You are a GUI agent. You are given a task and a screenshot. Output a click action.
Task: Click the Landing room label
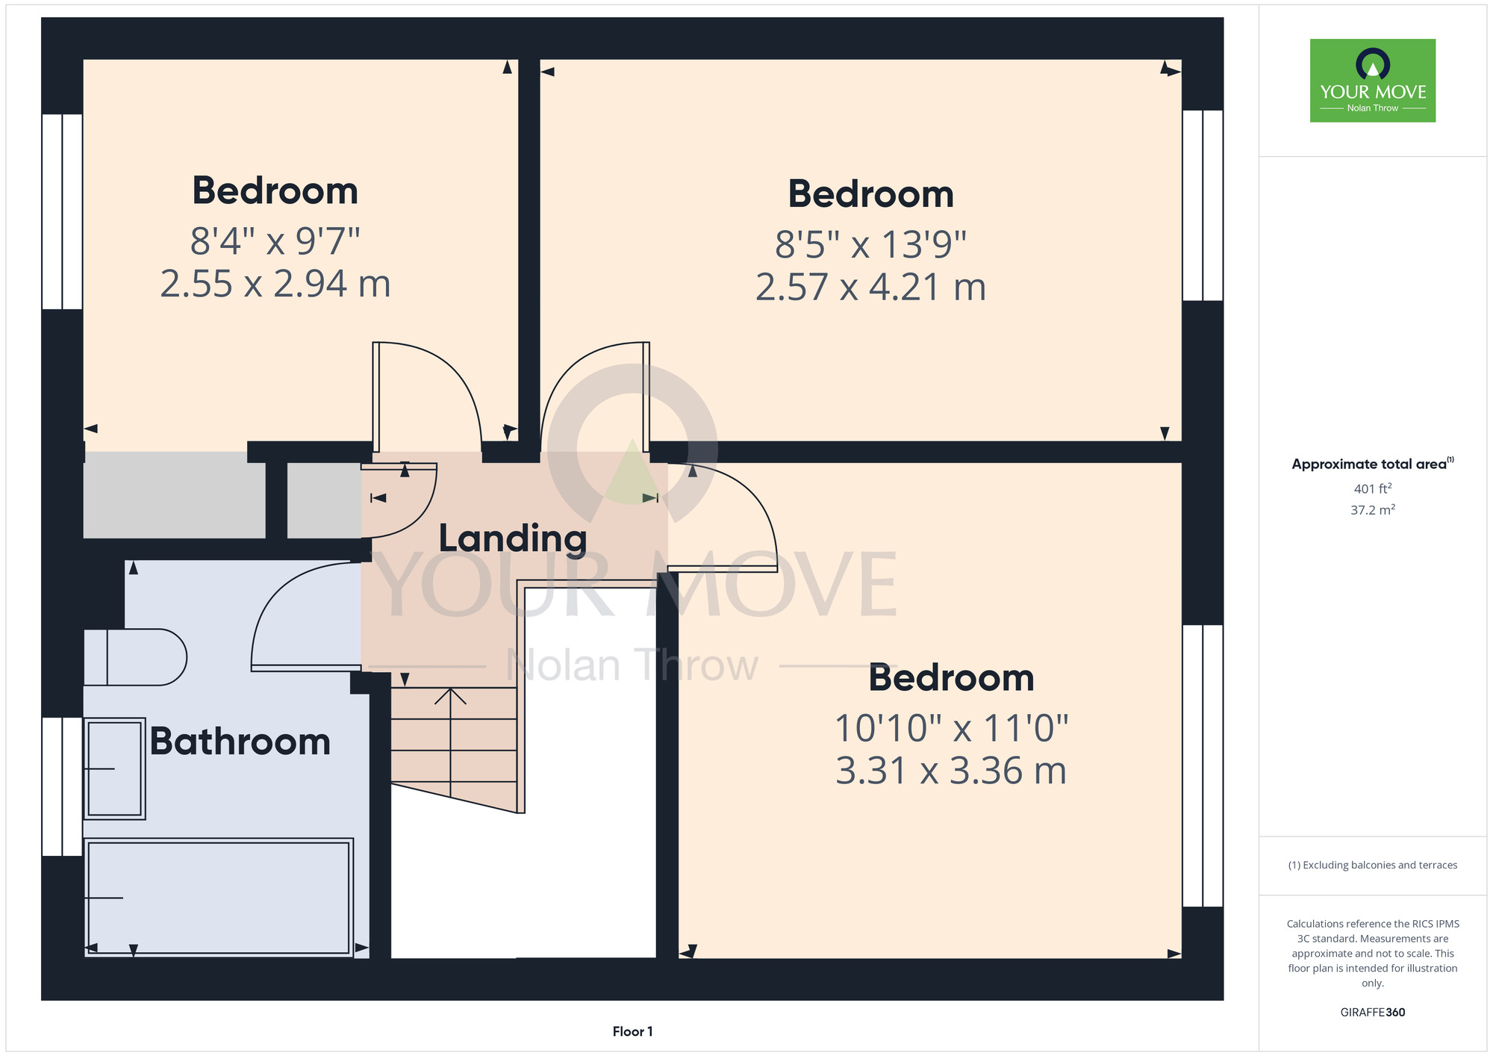click(513, 538)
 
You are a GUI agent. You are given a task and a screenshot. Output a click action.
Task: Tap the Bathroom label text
click(240, 742)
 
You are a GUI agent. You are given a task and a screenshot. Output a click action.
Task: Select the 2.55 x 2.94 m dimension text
click(275, 284)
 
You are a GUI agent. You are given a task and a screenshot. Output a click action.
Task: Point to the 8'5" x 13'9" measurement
click(870, 244)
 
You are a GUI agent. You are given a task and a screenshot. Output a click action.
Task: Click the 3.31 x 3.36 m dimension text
click(951, 771)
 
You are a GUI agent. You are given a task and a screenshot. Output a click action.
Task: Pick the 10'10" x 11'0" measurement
click(951, 728)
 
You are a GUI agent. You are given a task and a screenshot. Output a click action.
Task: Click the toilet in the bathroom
click(135, 657)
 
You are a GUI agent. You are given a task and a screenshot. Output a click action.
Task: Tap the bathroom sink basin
click(114, 769)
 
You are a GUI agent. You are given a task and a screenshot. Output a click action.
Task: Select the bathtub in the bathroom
click(219, 897)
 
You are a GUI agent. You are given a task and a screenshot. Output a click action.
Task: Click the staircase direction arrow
click(451, 742)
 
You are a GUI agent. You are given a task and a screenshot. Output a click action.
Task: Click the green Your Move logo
click(1373, 81)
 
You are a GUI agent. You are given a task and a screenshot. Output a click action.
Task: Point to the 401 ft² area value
click(1373, 489)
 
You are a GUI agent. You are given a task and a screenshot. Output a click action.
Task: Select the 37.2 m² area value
click(1373, 510)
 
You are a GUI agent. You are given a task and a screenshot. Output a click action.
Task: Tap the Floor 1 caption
click(632, 1031)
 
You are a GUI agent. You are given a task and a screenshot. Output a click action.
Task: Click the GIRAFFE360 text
click(1373, 1013)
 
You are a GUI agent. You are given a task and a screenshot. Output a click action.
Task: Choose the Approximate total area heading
click(1373, 464)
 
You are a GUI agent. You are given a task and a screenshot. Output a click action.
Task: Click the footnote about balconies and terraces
click(1373, 865)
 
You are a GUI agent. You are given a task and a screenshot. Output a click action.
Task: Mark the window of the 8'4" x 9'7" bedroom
click(62, 211)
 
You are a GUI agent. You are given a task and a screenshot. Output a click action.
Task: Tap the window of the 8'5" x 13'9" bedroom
click(1203, 205)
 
